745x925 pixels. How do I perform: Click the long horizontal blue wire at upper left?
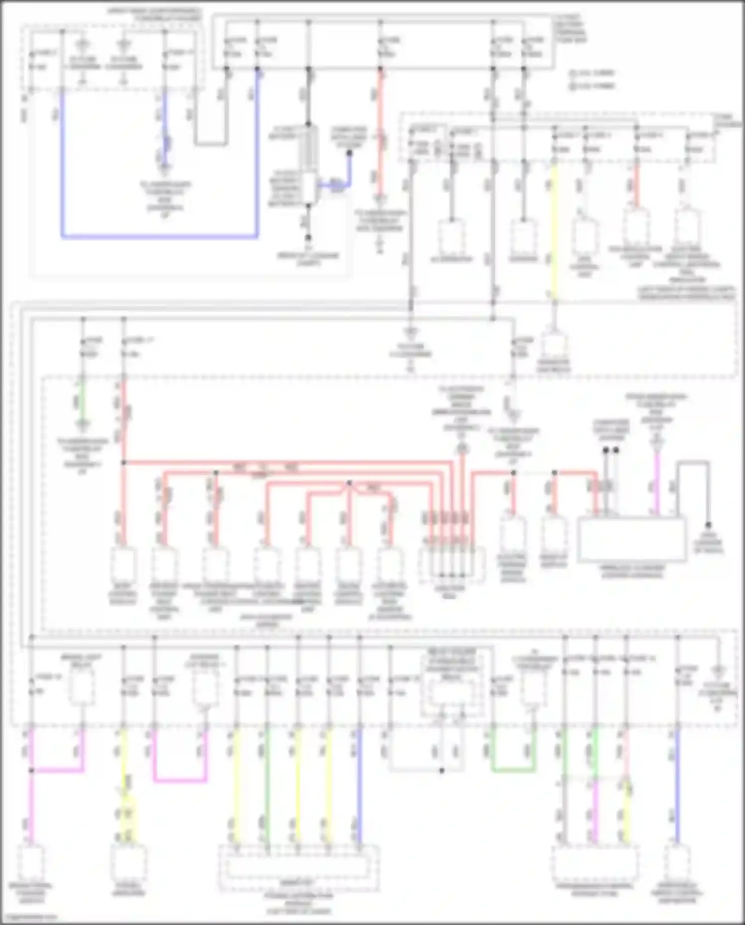(x=159, y=237)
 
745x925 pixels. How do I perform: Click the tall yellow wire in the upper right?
(x=554, y=229)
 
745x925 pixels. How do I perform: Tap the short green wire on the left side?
(x=82, y=398)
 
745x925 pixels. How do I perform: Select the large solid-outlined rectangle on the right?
(x=632, y=540)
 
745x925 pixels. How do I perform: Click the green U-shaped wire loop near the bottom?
(x=513, y=770)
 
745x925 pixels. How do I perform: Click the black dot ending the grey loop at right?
(x=708, y=525)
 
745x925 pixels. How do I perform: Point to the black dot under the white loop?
(x=442, y=770)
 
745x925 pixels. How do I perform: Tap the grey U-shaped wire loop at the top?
(x=211, y=144)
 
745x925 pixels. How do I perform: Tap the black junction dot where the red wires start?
(x=124, y=463)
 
